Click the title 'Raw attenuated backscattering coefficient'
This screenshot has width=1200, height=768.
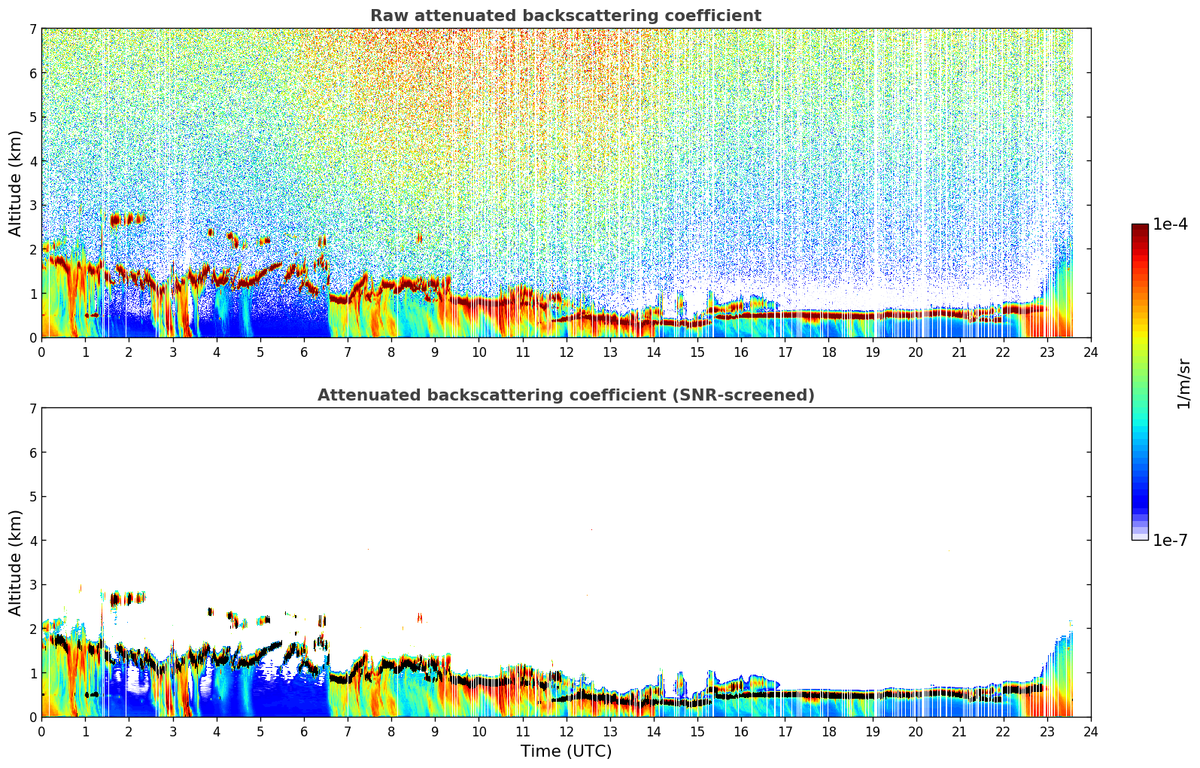point(565,16)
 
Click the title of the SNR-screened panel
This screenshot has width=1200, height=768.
point(565,395)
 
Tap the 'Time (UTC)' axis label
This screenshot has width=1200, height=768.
point(566,751)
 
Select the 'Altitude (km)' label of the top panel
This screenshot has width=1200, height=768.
point(16,183)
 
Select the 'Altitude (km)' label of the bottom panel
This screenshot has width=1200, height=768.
point(16,562)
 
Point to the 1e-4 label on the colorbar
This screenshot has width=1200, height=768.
point(1170,224)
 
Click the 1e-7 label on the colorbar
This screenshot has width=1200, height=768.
point(1170,540)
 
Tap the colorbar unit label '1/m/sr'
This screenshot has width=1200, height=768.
point(1183,383)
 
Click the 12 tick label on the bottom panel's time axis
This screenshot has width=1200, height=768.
point(566,732)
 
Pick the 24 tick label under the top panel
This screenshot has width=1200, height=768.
point(1090,352)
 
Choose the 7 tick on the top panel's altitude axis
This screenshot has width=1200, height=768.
point(32,29)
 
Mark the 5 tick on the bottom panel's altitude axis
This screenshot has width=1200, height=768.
point(32,496)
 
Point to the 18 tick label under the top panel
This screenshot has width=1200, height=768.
point(828,352)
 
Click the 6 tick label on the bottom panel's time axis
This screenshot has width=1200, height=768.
point(304,732)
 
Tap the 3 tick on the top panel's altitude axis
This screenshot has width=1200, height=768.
point(32,206)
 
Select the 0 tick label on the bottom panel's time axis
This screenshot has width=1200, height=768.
point(41,732)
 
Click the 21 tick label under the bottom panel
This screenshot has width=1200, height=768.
point(959,732)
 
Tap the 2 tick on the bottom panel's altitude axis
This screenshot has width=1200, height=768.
point(32,629)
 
